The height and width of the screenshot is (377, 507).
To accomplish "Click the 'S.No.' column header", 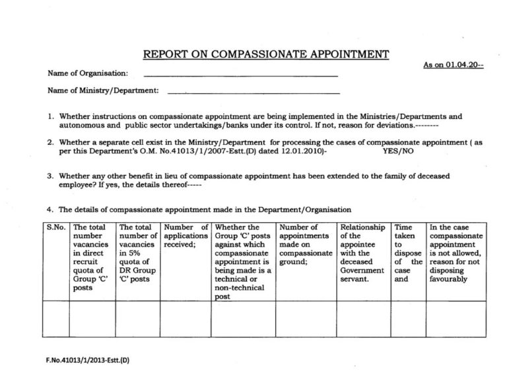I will pos(55,228).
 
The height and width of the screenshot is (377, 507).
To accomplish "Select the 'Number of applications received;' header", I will pos(183,236).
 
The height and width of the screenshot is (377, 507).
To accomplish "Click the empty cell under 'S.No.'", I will pos(55,318).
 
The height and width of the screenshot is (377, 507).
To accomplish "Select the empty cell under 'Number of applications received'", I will pos(183,318).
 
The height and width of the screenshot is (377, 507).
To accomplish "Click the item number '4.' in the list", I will pos(50,210).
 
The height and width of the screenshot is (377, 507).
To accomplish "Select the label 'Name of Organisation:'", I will pos(88,73).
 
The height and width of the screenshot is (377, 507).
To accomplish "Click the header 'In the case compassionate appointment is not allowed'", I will pos(456,253).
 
